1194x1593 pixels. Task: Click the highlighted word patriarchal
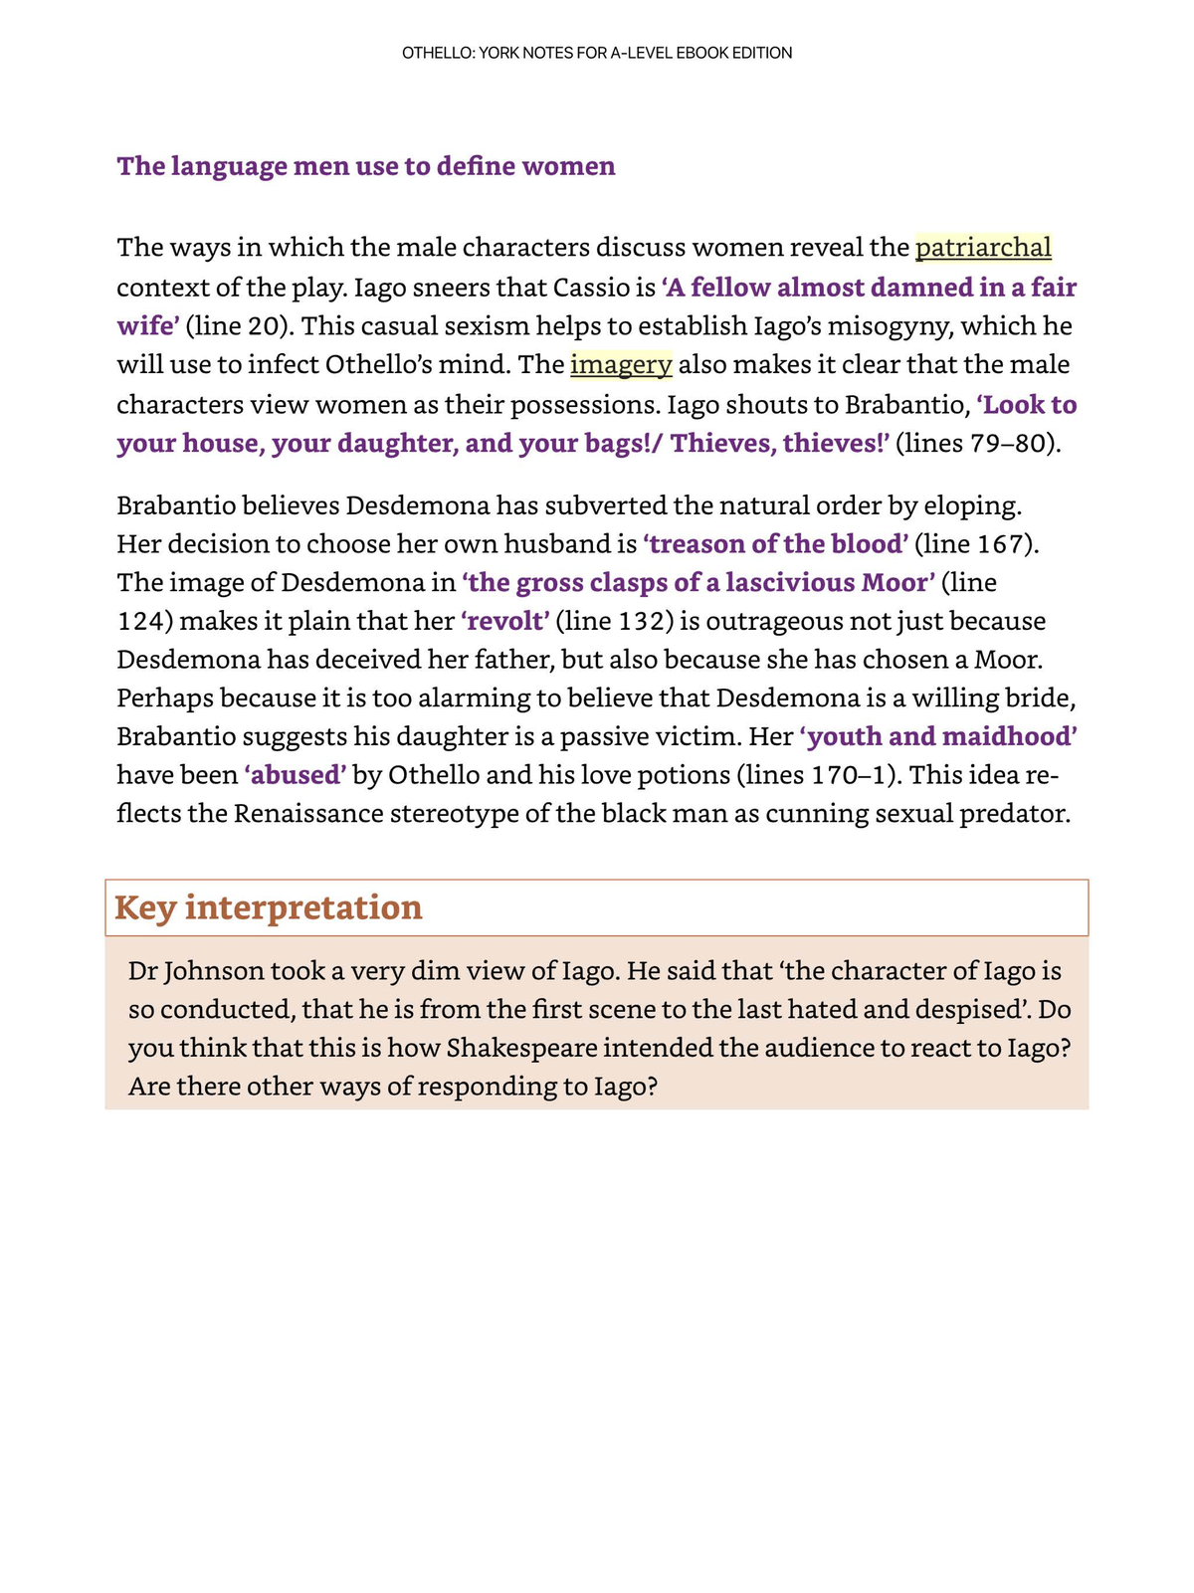(982, 247)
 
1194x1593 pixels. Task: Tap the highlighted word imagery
(621, 364)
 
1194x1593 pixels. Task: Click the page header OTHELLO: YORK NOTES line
(597, 53)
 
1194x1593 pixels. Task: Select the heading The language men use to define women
(366, 165)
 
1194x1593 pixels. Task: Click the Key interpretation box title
(269, 907)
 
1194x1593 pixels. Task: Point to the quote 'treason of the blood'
(776, 543)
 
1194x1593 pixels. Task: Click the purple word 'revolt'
(504, 621)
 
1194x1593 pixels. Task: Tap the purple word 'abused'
(296, 774)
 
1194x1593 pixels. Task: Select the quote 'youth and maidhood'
(938, 736)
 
